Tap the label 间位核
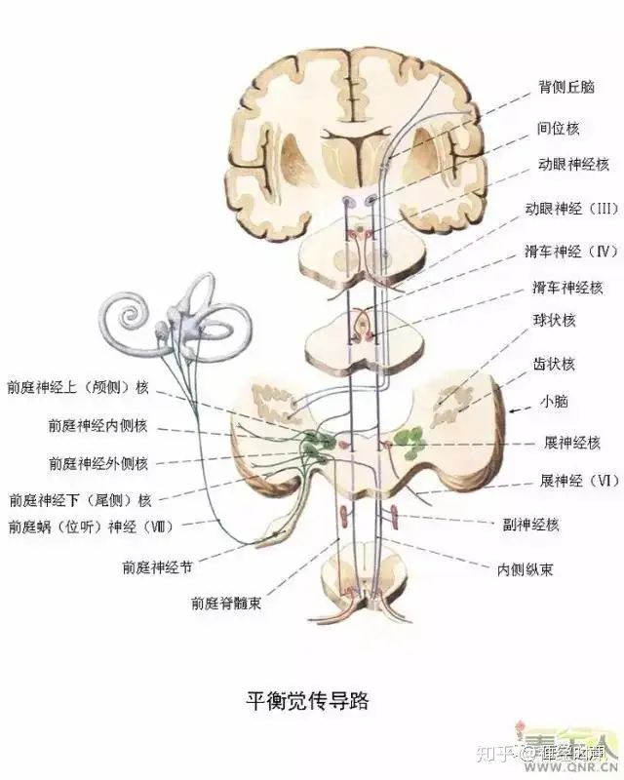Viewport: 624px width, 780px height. pyautogui.click(x=559, y=127)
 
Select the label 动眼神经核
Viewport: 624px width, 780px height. pyautogui.click(x=572, y=166)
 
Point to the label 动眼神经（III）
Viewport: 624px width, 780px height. pyautogui.click(x=572, y=209)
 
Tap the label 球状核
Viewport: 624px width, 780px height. pyautogui.click(x=556, y=321)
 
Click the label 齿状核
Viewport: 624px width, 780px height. pyautogui.click(x=556, y=365)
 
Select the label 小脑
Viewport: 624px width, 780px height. pyautogui.click(x=555, y=400)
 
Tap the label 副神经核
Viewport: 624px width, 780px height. pyautogui.click(x=531, y=525)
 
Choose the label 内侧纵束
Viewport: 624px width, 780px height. pyautogui.click(x=525, y=567)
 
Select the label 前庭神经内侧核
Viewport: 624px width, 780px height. pyautogui.click(x=97, y=425)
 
